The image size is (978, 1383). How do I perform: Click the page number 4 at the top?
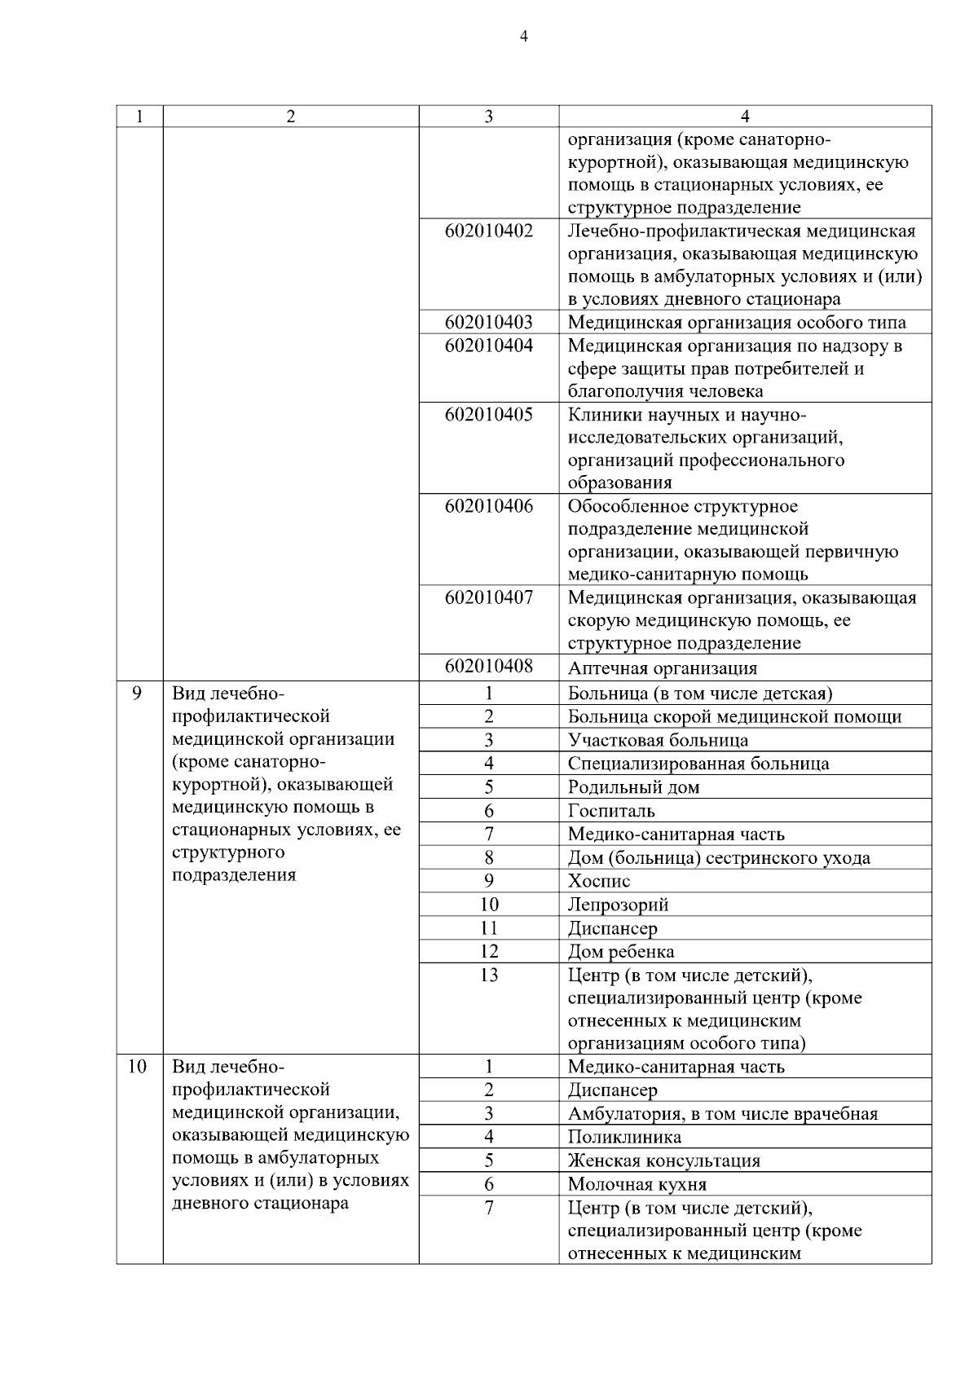(x=523, y=37)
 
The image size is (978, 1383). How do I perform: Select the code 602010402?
(x=488, y=231)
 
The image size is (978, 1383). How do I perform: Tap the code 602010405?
(x=488, y=414)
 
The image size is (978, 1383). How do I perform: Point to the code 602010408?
(x=488, y=667)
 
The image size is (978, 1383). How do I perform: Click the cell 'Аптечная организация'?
(x=662, y=668)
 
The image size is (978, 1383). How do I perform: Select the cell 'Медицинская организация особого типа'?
(x=736, y=322)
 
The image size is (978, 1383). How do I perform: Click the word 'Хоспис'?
(x=598, y=881)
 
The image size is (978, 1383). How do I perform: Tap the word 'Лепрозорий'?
(x=618, y=905)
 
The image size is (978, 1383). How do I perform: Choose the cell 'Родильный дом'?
(x=633, y=787)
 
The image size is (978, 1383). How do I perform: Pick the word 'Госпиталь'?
(x=611, y=811)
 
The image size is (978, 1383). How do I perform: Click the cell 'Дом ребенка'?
(x=620, y=952)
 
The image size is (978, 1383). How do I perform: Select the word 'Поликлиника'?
(x=624, y=1137)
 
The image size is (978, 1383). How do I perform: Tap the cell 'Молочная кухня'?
(x=637, y=1184)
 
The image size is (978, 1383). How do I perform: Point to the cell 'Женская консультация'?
(x=663, y=1161)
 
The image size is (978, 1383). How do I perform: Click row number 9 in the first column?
(x=137, y=693)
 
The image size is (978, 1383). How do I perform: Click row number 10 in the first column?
(x=137, y=1066)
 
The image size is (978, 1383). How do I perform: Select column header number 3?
(x=488, y=117)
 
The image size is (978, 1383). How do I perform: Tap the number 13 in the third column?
(x=488, y=975)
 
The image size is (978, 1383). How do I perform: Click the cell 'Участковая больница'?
(x=657, y=741)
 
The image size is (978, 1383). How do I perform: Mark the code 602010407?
(x=488, y=597)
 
